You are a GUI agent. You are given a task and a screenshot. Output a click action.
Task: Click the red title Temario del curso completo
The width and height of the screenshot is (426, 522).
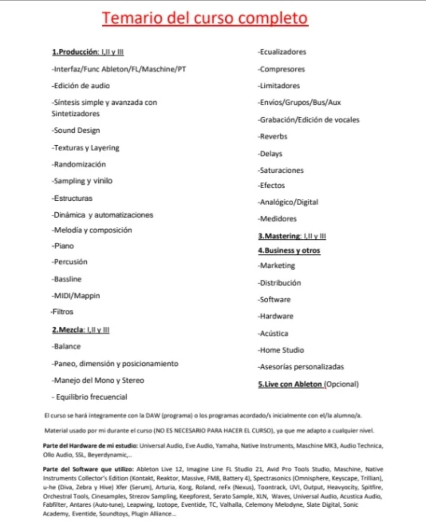pos(205,19)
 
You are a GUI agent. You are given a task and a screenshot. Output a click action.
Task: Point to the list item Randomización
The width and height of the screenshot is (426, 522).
pos(79,164)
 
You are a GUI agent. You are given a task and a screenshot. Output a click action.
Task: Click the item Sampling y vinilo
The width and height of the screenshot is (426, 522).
pos(82,181)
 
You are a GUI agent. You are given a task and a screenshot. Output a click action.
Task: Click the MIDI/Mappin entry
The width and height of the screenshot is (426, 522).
pos(76,296)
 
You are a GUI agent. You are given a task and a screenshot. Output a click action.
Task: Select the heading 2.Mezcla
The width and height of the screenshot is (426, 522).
pos(67,330)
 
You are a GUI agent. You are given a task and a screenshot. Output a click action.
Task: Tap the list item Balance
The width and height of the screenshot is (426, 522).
pos(66,347)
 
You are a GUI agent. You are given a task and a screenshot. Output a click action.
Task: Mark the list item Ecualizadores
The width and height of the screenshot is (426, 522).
pos(282,52)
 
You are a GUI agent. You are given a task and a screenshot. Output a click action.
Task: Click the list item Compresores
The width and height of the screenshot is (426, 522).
pos(281,69)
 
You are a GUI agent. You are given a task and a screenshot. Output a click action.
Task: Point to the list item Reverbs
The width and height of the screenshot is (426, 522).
pos(273,137)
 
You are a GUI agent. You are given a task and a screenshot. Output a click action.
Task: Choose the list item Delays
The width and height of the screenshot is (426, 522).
pos(270,154)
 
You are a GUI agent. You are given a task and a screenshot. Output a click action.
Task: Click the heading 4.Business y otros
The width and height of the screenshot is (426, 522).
pos(289,251)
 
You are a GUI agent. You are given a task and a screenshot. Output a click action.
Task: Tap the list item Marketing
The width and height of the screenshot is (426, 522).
pos(276,265)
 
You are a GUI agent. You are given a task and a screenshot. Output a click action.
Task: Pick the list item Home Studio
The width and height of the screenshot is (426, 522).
pos(281,350)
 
